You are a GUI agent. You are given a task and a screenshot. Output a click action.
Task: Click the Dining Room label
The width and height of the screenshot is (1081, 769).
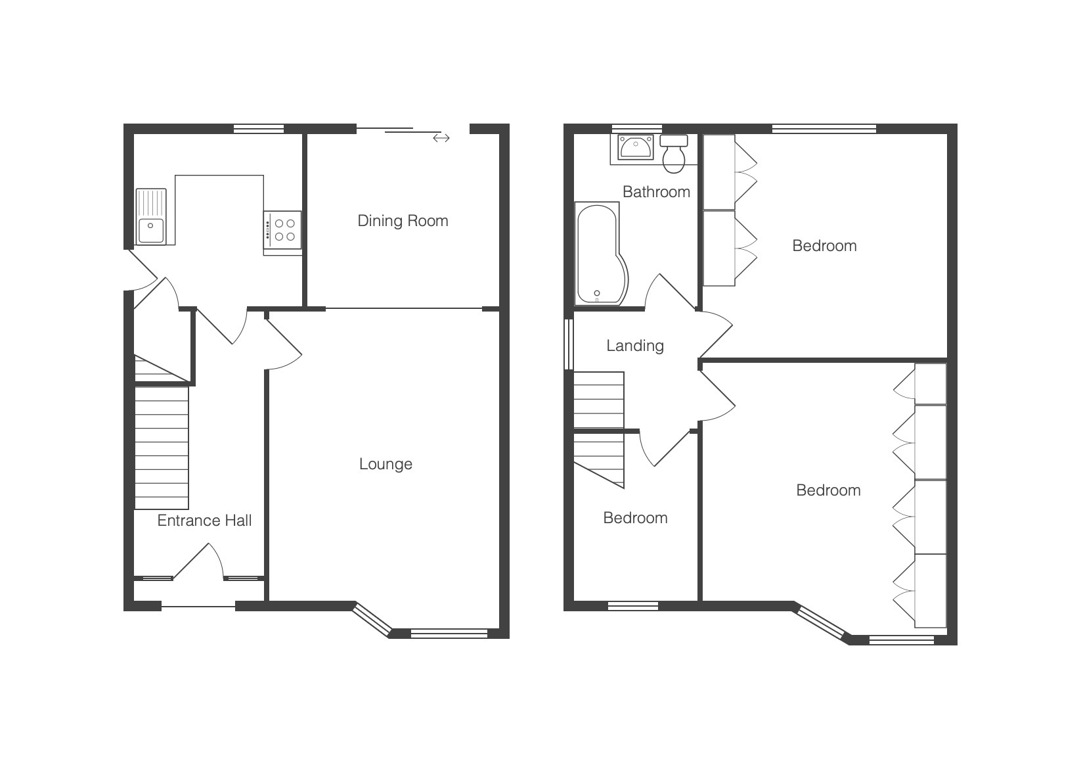tap(403, 221)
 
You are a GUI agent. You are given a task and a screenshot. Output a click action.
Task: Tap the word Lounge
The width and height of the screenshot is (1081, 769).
tap(386, 464)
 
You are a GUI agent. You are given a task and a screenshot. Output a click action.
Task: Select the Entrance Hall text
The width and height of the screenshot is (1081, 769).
tap(205, 521)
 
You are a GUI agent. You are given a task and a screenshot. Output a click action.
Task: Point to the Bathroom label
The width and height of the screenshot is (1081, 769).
tap(656, 192)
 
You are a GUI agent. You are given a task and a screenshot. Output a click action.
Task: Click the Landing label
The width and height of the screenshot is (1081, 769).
tap(635, 346)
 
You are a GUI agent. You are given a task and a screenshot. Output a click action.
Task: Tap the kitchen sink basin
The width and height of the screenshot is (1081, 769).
tap(151, 230)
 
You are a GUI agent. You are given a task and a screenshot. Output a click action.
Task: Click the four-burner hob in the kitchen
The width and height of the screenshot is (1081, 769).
tap(283, 229)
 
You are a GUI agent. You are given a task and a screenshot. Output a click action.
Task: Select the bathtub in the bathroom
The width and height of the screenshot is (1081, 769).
tap(601, 254)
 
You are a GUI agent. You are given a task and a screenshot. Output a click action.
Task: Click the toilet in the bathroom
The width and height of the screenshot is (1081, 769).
tap(674, 154)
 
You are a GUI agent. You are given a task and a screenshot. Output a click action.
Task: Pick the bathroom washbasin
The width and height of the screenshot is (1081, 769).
tap(636, 147)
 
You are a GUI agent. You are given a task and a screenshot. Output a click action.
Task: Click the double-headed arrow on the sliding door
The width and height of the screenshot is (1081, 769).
tap(441, 138)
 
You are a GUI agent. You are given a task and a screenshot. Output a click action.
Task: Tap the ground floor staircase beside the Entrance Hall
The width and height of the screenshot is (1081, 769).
tap(161, 448)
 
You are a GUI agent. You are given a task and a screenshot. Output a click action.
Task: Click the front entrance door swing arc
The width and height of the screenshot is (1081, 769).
tap(199, 561)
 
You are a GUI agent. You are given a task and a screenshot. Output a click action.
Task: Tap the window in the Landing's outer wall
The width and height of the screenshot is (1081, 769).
tap(569, 344)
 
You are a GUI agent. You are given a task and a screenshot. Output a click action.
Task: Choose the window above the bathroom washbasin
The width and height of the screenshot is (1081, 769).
tap(636, 128)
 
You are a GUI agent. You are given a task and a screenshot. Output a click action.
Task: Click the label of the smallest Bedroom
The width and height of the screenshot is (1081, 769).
tap(635, 518)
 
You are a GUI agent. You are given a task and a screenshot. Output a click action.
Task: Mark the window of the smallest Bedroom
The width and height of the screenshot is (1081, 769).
tap(632, 606)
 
